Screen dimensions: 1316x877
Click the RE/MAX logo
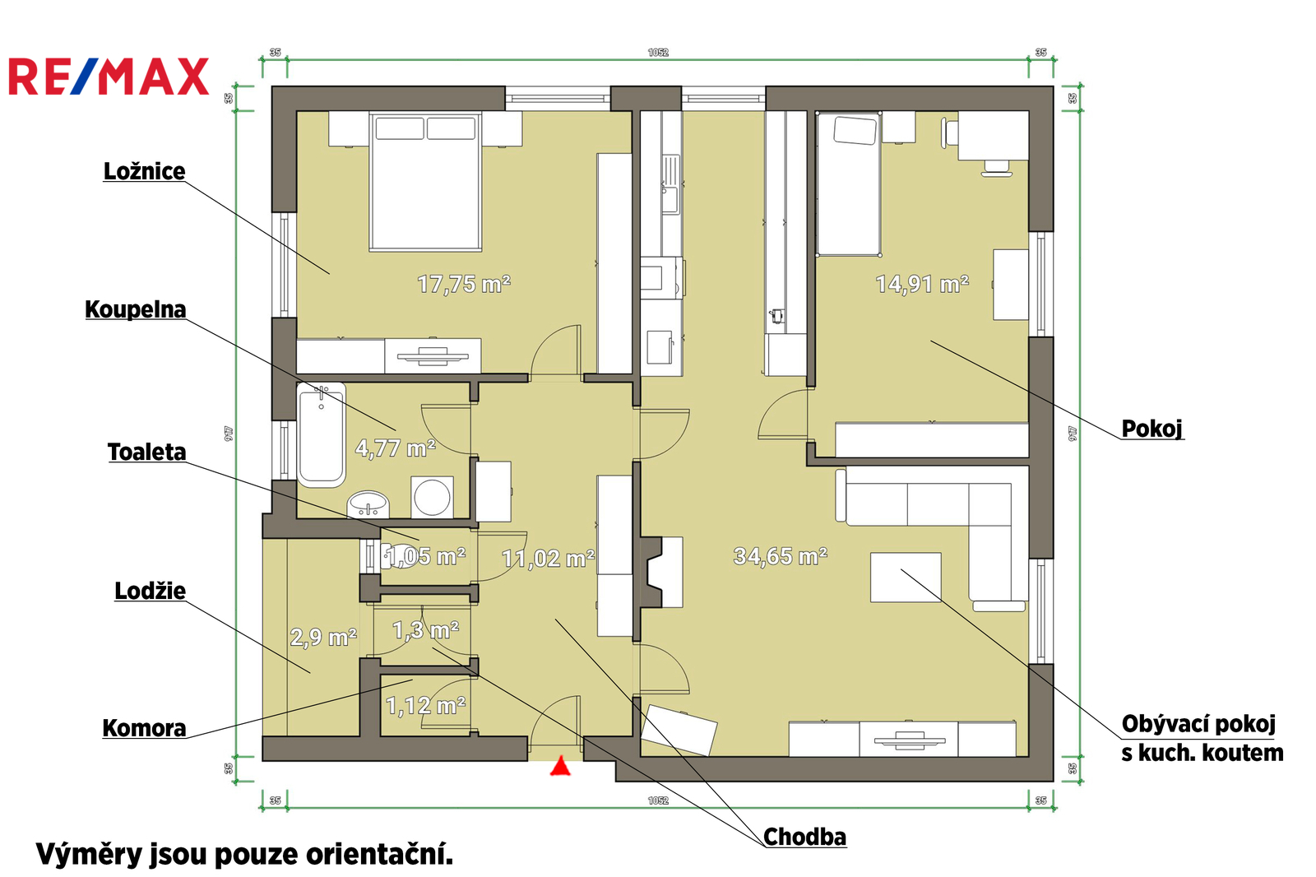click(x=109, y=77)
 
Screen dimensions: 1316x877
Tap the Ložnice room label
click(x=144, y=171)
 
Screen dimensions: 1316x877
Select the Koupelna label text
click(x=135, y=309)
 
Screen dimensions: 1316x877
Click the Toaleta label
click(x=146, y=452)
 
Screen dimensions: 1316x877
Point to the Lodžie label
click(x=150, y=591)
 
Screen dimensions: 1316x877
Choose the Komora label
click(x=144, y=728)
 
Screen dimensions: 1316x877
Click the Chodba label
click(x=804, y=837)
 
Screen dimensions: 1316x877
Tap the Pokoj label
click(x=1151, y=429)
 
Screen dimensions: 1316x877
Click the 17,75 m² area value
click(x=464, y=285)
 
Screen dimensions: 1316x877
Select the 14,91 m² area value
click(x=922, y=285)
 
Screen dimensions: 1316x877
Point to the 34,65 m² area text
click(x=781, y=556)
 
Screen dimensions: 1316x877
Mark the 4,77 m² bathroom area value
click(x=395, y=448)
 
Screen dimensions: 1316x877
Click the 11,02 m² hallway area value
click(x=548, y=559)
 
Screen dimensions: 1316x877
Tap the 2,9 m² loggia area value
click(x=323, y=637)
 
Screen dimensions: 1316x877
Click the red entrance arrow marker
click(x=560, y=766)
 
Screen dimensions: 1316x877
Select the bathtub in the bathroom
click(x=321, y=435)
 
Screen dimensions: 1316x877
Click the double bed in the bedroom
click(x=425, y=182)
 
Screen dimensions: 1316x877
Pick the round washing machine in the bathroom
click(x=432, y=497)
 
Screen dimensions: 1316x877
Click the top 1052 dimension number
click(x=658, y=53)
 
